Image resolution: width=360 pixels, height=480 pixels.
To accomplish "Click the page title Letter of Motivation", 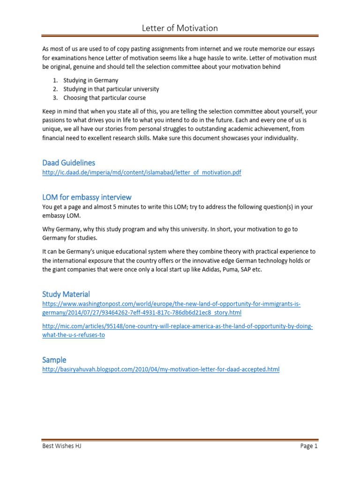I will click(180, 28).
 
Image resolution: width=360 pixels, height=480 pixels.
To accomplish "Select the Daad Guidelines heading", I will click(68, 163).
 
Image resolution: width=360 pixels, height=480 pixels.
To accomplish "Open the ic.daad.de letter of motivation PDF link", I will click(142, 172).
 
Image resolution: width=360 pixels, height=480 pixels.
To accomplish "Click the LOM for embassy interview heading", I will click(87, 197).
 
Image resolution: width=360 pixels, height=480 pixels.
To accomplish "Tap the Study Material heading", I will click(66, 294).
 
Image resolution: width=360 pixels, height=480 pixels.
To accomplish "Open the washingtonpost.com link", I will click(171, 308).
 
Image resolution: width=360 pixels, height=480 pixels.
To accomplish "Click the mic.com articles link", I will click(177, 330).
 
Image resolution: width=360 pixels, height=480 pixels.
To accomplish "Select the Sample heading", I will click(54, 360).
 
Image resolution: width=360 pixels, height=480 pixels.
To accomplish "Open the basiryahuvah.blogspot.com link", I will click(161, 369).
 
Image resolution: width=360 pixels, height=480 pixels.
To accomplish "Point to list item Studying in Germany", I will click(91, 80).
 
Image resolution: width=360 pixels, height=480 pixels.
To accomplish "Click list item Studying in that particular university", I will click(111, 89).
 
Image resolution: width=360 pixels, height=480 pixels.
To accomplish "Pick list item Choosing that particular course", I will click(105, 98).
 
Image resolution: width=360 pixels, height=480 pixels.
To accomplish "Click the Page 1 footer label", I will click(309, 446).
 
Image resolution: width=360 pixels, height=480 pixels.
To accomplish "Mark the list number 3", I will click(55, 98).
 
